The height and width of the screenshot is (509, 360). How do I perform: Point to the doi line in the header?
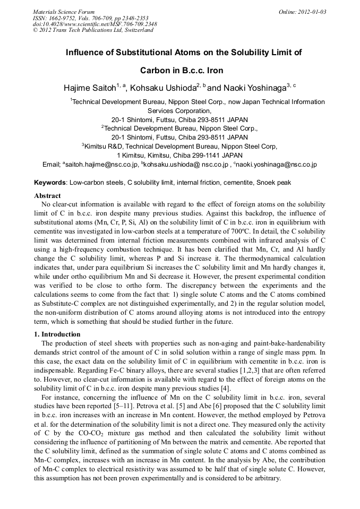tap(95, 24)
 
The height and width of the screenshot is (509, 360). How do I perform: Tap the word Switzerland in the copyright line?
tap(136, 30)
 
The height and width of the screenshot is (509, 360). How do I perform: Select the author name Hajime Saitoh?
tap(89, 88)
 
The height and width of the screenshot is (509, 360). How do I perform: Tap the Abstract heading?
tap(47, 196)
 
